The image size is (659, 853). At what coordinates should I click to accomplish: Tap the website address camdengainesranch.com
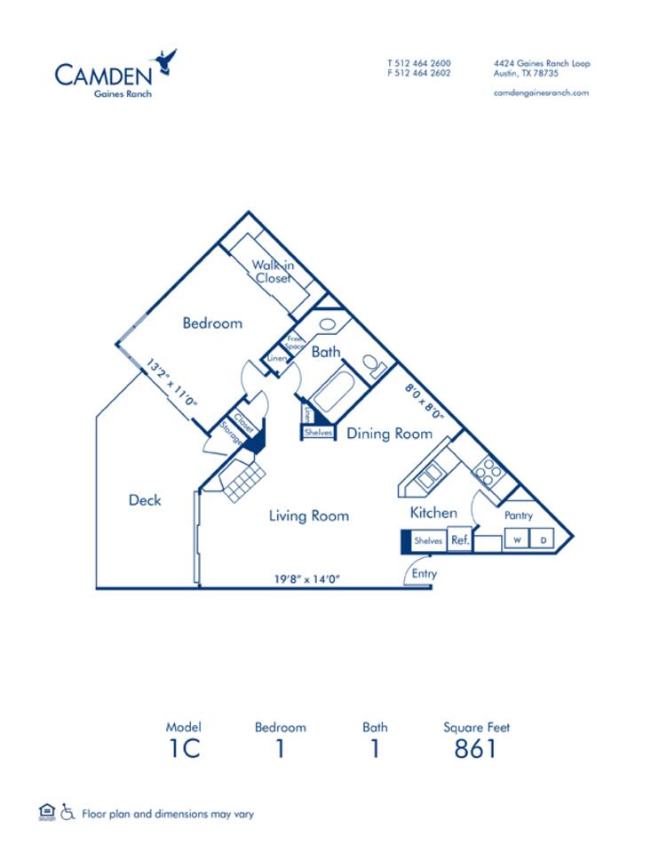point(541,93)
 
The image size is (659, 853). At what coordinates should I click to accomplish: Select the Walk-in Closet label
point(273,271)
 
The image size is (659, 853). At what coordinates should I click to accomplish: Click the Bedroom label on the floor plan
point(212,323)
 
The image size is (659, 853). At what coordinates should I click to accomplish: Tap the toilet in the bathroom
point(374,365)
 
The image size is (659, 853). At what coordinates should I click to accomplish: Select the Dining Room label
point(389,434)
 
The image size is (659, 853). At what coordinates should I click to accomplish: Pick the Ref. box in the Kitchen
point(459,539)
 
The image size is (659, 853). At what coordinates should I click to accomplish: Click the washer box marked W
point(517,539)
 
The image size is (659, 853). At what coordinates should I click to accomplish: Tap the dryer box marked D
point(541,539)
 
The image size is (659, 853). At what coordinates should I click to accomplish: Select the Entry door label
point(425,574)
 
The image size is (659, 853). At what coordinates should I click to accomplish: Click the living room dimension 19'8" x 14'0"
point(307,579)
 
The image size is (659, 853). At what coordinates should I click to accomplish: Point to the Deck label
point(145,500)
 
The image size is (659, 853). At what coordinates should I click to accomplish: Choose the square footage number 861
point(476,748)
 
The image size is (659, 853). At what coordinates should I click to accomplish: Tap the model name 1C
point(184,748)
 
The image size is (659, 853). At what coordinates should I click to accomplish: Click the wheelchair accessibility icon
point(67,811)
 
